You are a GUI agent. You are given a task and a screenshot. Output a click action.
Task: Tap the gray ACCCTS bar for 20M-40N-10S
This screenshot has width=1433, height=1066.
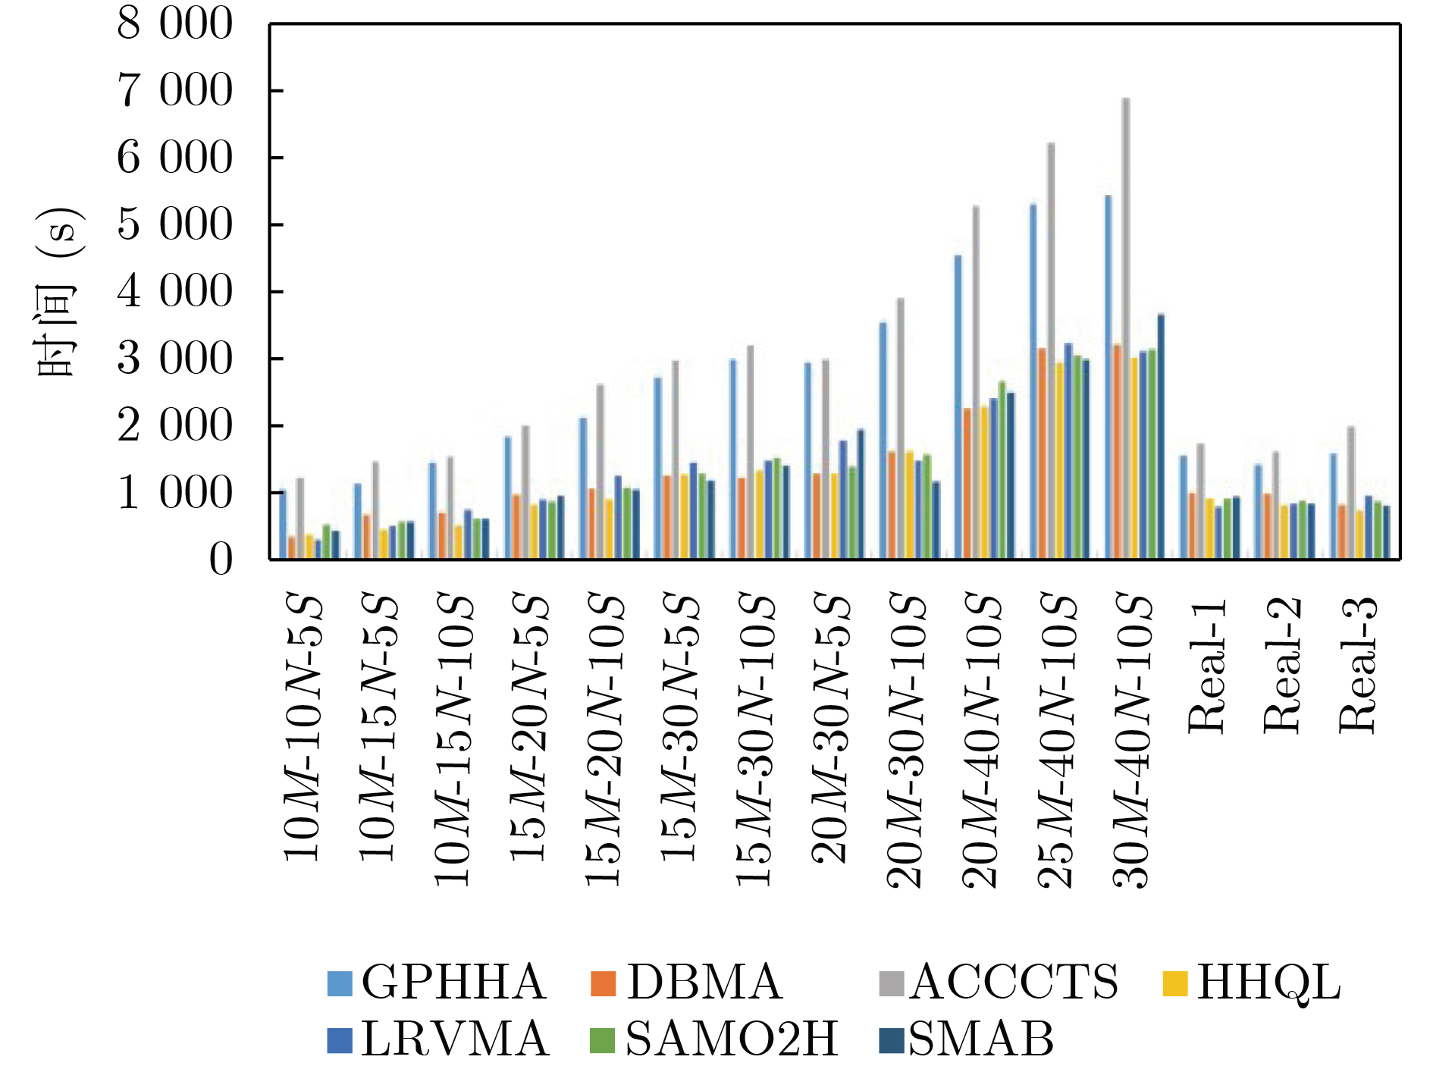point(976,383)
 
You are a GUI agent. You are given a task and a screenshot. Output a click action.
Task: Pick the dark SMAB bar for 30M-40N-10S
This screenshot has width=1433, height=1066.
point(1161,437)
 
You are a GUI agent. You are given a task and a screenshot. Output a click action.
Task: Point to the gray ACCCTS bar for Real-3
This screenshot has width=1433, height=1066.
point(1351,493)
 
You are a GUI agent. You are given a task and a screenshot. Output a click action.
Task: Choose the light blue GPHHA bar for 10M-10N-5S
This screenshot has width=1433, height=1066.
point(283,525)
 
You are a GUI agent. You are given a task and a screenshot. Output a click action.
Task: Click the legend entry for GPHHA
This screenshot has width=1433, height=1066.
point(437,983)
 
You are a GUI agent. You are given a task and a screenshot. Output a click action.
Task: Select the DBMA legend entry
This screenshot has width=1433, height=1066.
point(686,983)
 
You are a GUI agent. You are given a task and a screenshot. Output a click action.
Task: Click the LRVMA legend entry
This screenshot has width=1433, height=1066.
point(438,1039)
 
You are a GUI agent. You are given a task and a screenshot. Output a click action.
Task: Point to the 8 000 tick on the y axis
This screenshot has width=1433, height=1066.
point(174,24)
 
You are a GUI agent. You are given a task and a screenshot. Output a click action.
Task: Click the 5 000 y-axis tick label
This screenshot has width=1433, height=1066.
point(174,225)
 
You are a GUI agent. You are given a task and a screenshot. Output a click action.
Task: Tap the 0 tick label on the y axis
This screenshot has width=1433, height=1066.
point(221,560)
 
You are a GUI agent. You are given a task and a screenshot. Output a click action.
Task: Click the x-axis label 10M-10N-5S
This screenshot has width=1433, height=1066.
point(304,728)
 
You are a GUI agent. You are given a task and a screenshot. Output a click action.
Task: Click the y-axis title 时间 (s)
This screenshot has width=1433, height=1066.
point(57,292)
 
